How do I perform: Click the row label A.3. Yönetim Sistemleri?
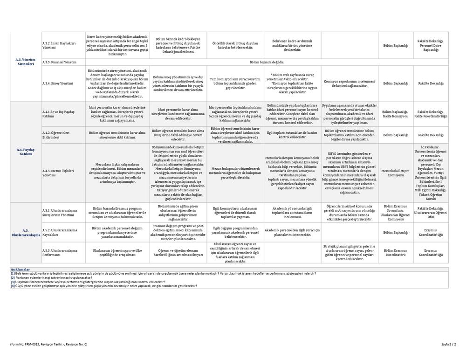[x=25, y=62]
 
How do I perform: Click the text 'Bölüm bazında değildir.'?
[x=267, y=62]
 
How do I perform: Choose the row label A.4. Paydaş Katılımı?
[x=25, y=152]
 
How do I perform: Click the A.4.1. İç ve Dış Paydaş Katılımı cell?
[x=59, y=114]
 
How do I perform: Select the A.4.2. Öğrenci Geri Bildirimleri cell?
[x=59, y=135]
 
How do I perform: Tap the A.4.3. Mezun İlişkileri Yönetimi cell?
[x=58, y=173]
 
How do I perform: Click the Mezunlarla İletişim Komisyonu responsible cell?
[x=395, y=173]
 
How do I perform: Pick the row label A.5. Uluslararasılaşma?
[x=25, y=232]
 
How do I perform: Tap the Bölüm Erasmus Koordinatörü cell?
[x=395, y=253]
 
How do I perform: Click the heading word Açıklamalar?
[x=20, y=270]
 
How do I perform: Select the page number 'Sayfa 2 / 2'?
[x=448, y=344]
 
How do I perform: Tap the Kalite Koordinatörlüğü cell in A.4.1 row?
[x=431, y=114]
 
